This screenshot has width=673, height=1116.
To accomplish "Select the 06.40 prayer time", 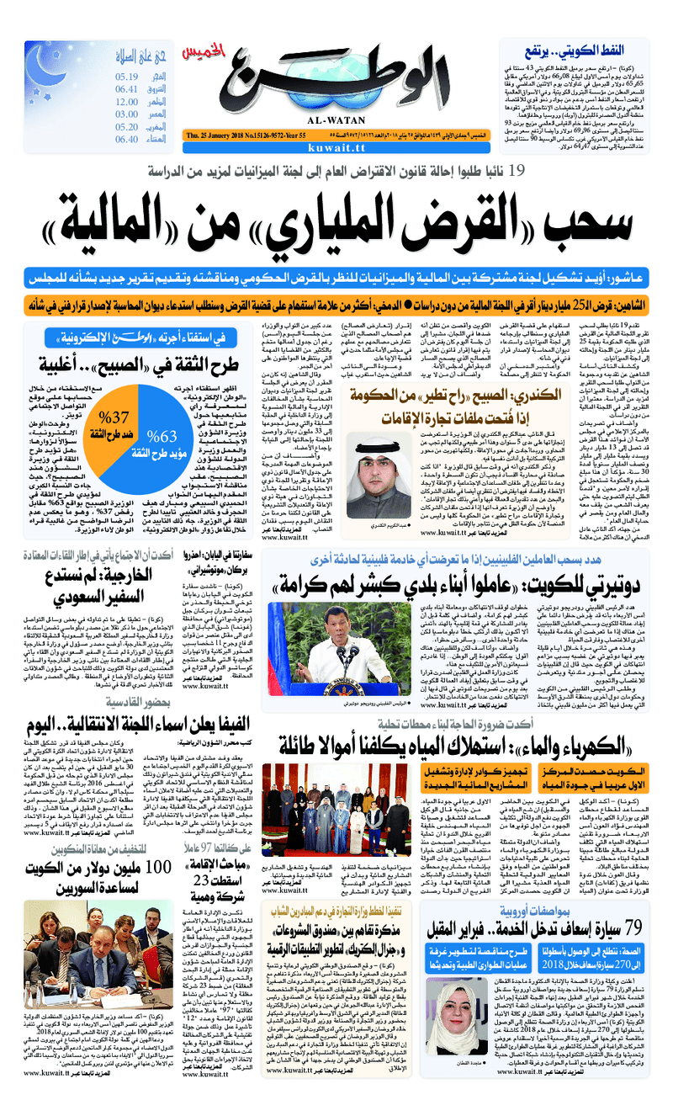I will (127, 139).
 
